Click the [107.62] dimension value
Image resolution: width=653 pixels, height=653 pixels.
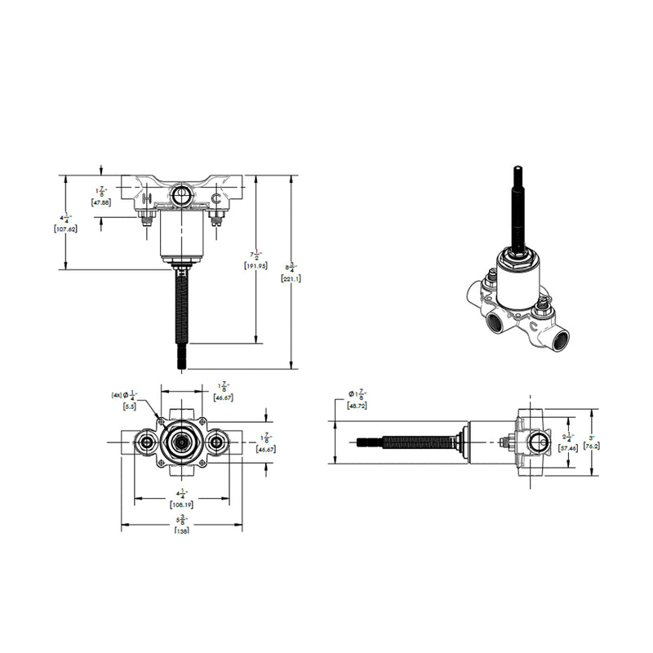click(x=64, y=230)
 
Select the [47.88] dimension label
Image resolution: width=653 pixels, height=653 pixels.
click(x=102, y=202)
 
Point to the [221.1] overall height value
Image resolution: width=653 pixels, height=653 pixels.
click(x=291, y=278)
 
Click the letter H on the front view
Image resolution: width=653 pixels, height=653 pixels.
click(x=146, y=198)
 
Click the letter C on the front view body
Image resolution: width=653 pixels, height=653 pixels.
click(x=215, y=198)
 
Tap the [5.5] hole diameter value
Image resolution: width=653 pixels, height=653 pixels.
click(x=129, y=406)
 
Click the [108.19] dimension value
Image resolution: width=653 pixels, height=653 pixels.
click(x=181, y=504)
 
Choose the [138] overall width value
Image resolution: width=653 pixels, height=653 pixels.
click(x=181, y=531)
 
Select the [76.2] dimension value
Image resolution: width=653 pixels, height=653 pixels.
click(x=593, y=446)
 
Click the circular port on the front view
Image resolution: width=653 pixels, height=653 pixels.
click(x=180, y=195)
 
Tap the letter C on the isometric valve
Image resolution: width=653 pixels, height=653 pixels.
click(x=532, y=325)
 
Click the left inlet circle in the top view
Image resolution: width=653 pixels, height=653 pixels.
click(x=147, y=442)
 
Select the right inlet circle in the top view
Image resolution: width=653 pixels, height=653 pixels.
click(x=216, y=442)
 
